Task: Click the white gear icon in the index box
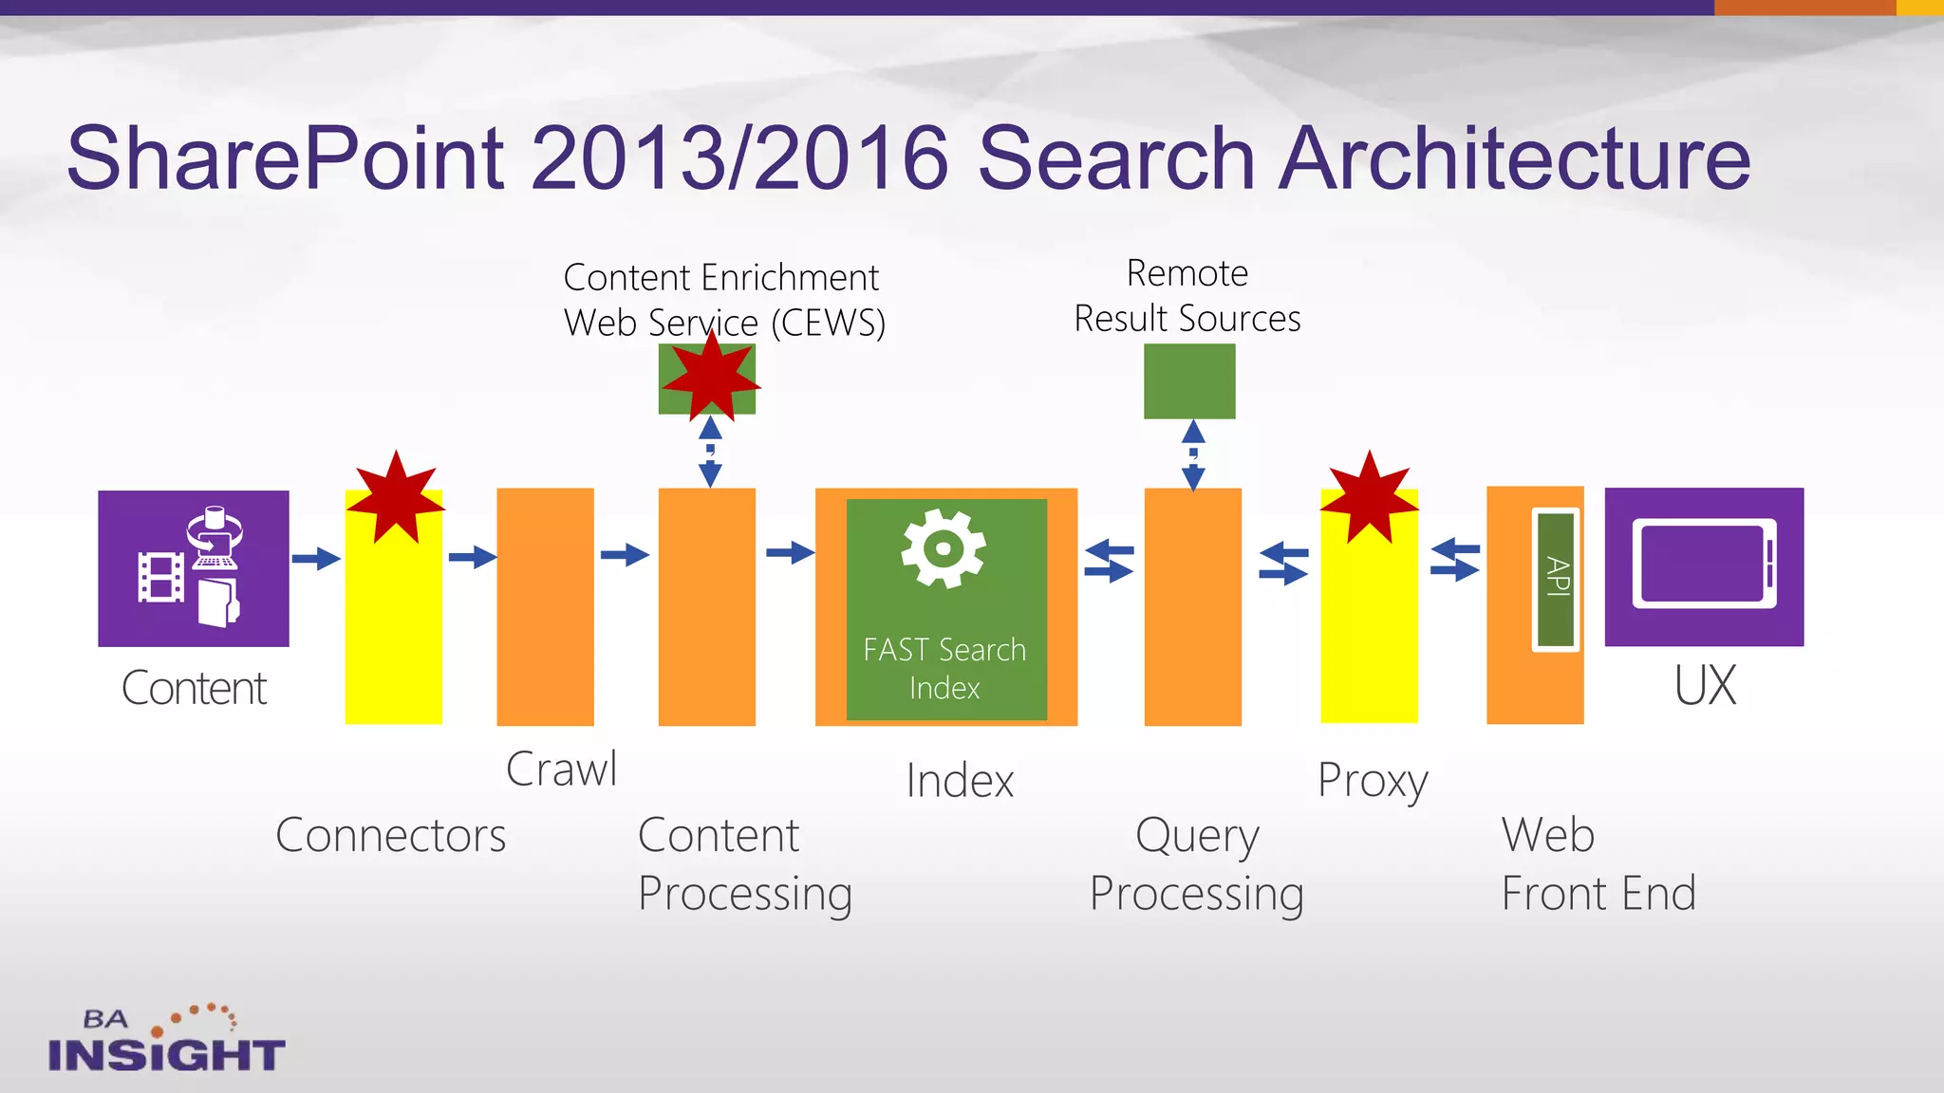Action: click(943, 548)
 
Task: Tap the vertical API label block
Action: click(1556, 579)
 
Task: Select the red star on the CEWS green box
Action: click(710, 379)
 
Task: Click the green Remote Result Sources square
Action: click(1189, 381)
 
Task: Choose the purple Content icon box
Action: click(194, 568)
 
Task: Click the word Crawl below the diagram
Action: click(561, 769)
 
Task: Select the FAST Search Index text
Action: click(944, 668)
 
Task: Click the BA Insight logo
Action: click(165, 1040)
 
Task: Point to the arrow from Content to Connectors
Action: click(315, 558)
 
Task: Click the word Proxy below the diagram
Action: click(1373, 781)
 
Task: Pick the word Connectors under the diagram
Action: click(390, 835)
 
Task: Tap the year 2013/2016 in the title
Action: click(739, 157)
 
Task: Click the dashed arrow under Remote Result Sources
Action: click(1193, 455)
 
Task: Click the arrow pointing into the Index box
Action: click(789, 552)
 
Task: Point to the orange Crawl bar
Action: click(545, 607)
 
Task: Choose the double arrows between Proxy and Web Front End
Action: click(1454, 559)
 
